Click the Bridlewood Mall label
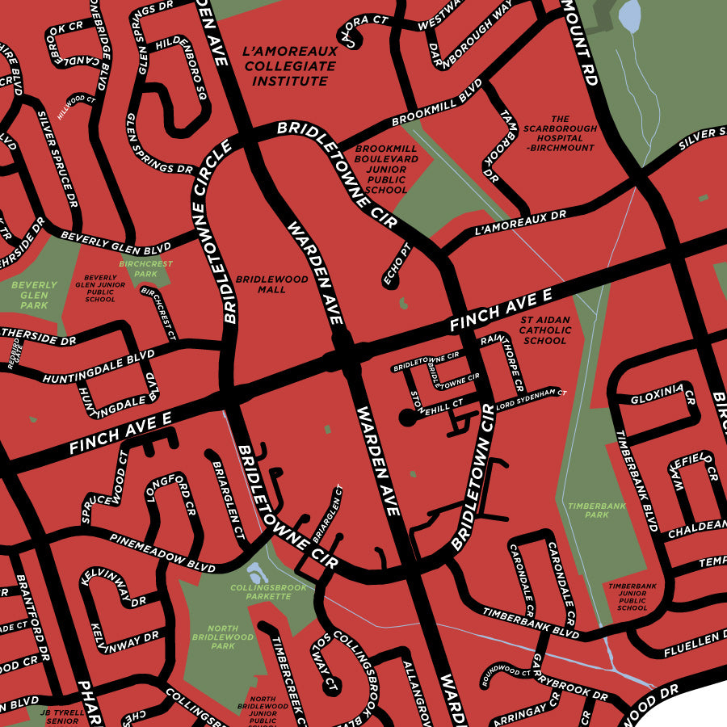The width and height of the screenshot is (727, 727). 271,284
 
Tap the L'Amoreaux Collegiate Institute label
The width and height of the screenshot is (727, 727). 290,66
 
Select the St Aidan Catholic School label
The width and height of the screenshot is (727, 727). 544,330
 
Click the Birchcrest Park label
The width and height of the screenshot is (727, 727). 145,269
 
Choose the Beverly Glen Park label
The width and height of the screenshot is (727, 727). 34,296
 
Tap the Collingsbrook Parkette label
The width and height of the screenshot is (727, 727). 268,592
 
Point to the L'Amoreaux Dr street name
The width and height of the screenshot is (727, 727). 521,222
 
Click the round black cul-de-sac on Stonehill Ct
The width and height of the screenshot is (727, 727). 407,418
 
